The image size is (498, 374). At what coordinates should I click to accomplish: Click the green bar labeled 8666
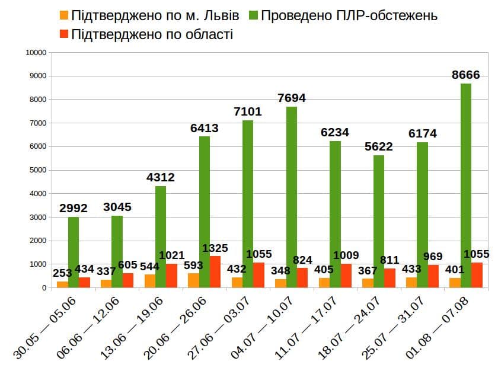point(465,186)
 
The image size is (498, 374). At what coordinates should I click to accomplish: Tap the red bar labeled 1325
point(215,272)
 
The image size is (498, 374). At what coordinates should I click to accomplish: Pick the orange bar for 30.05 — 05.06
point(62,285)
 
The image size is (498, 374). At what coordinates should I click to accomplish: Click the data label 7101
point(248,111)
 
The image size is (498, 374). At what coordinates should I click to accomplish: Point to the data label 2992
point(74,208)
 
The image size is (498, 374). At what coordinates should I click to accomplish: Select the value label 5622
point(379,146)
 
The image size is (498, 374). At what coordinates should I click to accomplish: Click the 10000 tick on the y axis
point(36,52)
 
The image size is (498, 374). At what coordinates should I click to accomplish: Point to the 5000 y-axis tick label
point(38,170)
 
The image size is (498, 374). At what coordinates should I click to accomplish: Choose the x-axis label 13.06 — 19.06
point(132,328)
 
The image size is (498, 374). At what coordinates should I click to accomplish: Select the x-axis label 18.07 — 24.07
point(350,328)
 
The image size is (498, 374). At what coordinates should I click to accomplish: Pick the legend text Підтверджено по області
point(152,34)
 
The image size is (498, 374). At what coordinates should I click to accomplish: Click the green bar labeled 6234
point(335,214)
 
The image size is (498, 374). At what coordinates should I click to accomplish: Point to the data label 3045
point(117,207)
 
